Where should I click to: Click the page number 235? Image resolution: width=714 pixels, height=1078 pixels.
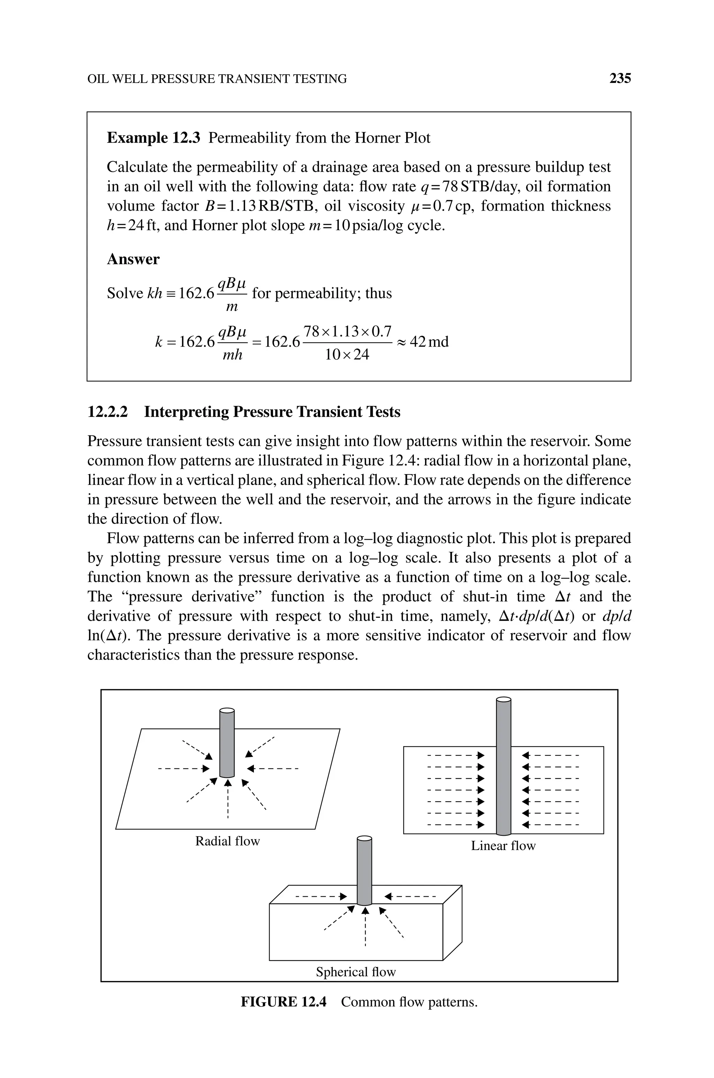point(620,79)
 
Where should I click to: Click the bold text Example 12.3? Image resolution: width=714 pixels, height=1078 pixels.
point(153,138)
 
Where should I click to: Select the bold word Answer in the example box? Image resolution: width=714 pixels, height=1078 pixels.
point(133,259)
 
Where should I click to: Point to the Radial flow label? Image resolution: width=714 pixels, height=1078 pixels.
point(227,841)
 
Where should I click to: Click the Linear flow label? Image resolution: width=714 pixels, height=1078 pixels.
point(503,846)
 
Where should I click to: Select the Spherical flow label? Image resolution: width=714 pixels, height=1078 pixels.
point(356,972)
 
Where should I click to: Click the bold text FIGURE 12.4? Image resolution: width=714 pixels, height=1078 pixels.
point(283,1002)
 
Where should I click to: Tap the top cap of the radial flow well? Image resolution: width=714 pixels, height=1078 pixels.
point(227,710)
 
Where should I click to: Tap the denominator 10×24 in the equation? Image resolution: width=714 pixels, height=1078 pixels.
point(347,355)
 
